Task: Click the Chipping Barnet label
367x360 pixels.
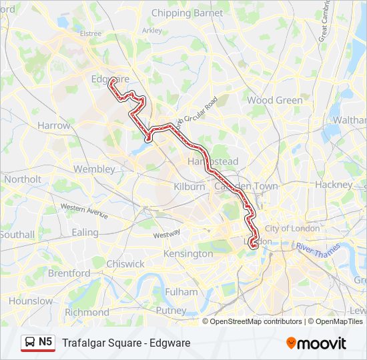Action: [187, 13]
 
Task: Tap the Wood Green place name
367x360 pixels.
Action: [274, 100]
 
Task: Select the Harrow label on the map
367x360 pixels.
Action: [54, 125]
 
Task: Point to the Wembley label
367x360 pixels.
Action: [94, 169]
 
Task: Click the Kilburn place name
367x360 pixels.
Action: [189, 187]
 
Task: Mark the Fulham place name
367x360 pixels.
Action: [181, 292]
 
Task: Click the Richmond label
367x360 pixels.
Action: [87, 312]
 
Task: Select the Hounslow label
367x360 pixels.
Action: [31, 301]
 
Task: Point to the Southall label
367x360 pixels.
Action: [17, 235]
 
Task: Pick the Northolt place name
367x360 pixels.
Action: [23, 179]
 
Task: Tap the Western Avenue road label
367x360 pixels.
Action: [84, 209]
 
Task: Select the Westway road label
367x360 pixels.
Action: [167, 234]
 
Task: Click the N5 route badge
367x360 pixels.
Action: [45, 342]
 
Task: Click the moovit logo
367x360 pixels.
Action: [316, 343]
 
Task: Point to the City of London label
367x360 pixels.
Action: [292, 229]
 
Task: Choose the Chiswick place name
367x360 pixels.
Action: [125, 263]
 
